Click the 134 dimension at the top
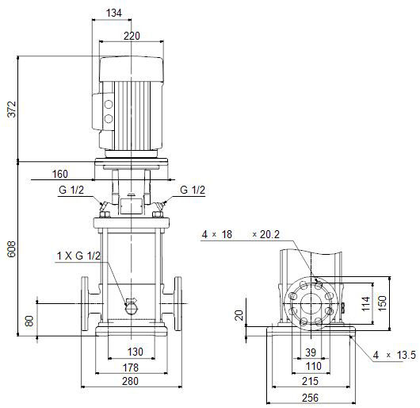[x=114, y=13]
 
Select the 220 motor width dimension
[x=132, y=36]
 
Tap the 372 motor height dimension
[x=12, y=109]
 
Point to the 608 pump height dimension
[x=12, y=249]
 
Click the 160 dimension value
[x=60, y=174]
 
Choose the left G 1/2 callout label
[x=71, y=190]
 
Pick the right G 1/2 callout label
[x=193, y=190]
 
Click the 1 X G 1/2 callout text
[x=78, y=256]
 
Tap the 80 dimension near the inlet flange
[x=29, y=321]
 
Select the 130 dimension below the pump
[x=135, y=352]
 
